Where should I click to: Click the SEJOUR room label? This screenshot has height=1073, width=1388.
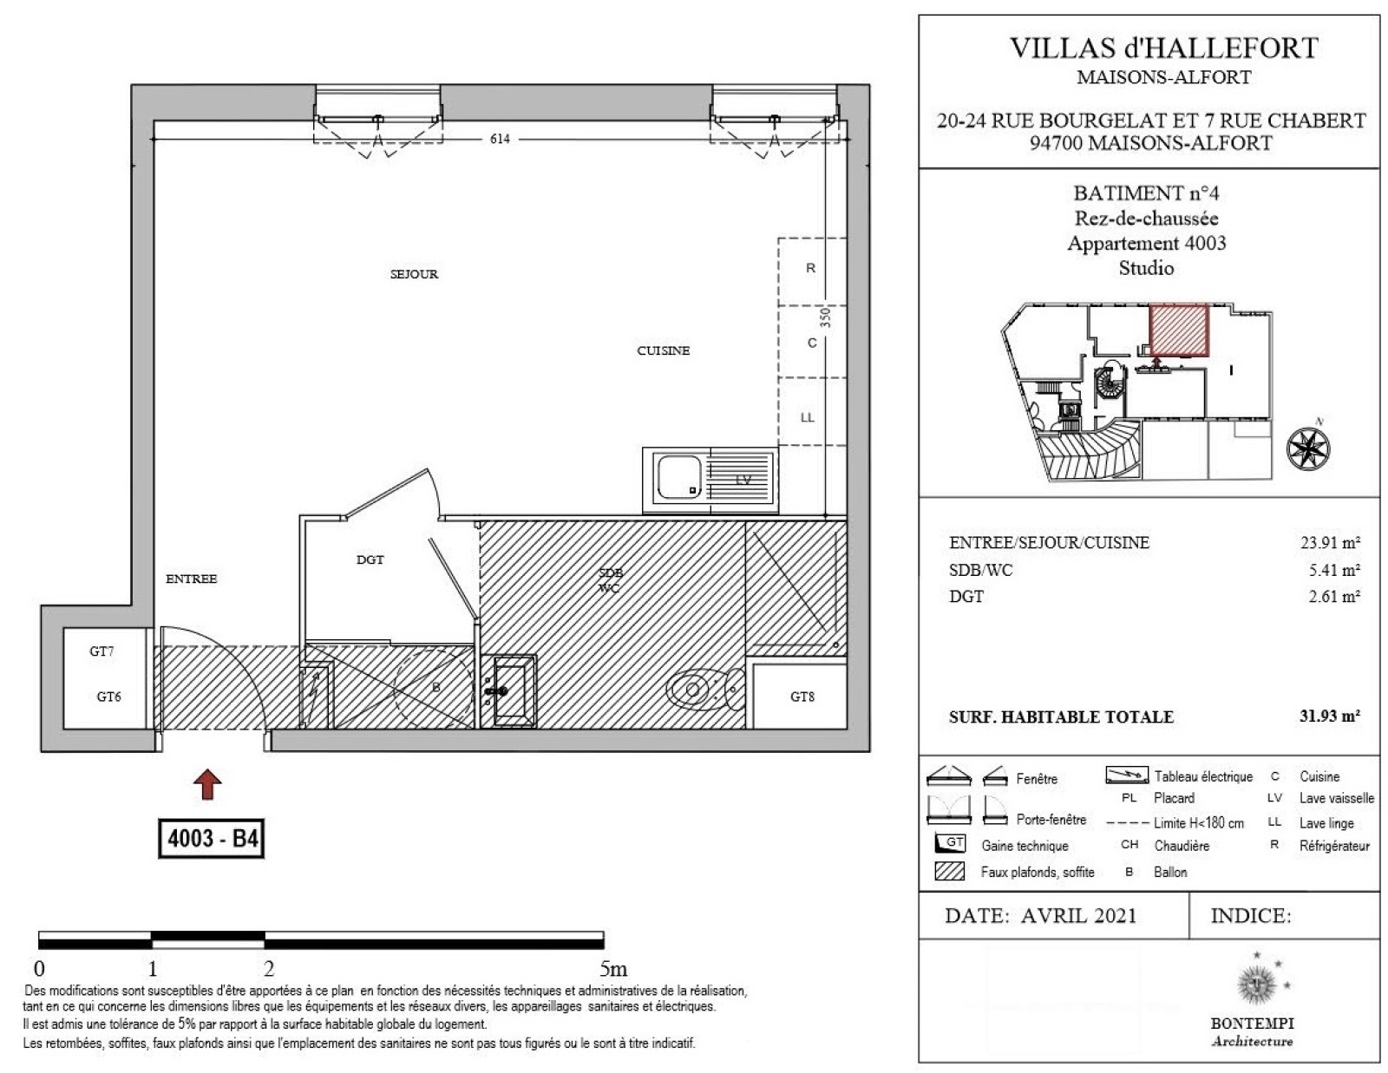point(414,274)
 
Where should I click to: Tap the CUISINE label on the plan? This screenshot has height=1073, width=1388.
point(663,350)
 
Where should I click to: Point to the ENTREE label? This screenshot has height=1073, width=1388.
point(191,579)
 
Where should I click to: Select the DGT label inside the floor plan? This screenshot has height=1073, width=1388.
point(370,559)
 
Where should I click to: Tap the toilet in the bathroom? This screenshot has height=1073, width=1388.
point(706,689)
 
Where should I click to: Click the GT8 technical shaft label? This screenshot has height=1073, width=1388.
point(802,697)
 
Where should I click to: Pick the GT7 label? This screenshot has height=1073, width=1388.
point(101,651)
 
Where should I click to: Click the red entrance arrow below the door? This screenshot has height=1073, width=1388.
point(207,785)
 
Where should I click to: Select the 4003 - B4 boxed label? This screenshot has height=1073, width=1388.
point(212,838)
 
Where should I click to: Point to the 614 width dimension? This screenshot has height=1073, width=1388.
point(500,139)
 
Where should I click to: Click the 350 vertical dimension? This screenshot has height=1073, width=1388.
point(825,317)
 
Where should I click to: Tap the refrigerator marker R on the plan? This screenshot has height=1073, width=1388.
point(810,268)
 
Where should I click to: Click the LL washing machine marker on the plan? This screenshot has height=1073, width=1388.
point(808,418)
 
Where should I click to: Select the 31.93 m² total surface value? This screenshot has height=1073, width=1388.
point(1330,716)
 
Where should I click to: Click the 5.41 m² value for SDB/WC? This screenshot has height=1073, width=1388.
point(1334,570)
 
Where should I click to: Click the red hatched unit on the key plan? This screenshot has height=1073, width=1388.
point(1179,330)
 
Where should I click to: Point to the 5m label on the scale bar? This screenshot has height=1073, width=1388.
point(613,969)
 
